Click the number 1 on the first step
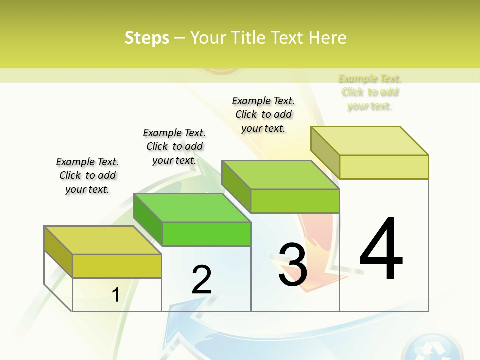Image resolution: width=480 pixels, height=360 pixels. tap(116, 295)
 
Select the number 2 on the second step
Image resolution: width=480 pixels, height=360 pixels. tap(202, 280)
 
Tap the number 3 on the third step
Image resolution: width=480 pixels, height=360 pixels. tap(293, 265)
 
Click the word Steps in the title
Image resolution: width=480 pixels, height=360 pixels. tap(147, 38)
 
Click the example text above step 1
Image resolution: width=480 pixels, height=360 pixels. tap(87, 175)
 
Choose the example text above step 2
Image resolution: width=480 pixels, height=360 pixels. tap(174, 146)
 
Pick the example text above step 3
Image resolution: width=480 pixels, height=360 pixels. tap(263, 114)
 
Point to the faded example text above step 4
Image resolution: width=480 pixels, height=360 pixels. tap(370, 92)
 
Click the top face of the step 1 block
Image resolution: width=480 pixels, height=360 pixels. tap(102, 240)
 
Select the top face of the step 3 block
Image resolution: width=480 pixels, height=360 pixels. tap(280, 175)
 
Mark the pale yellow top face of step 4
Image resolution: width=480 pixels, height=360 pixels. tap(369, 141)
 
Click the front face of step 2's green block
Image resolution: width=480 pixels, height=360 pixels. tap(206, 234)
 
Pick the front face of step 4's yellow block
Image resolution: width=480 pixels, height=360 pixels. tap(384, 167)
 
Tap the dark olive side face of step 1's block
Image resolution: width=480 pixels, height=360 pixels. tap(58, 252)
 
